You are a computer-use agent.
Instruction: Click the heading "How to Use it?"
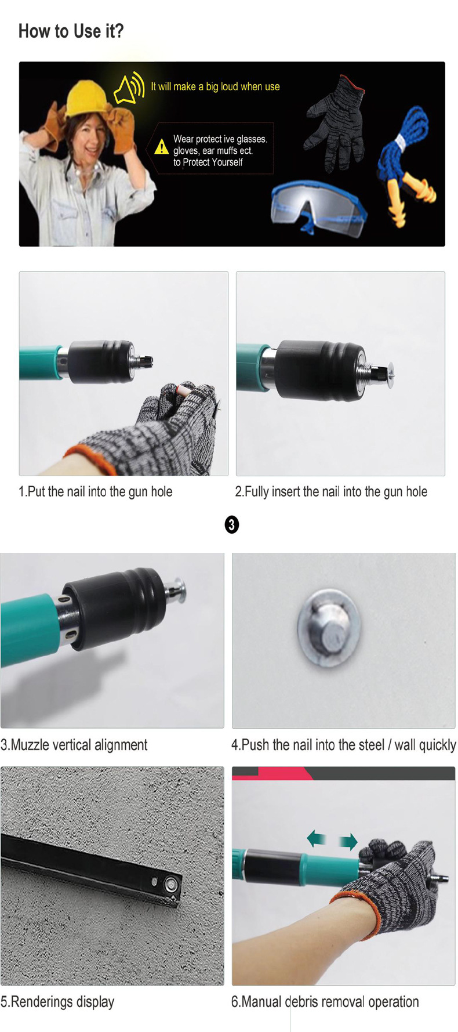(x=71, y=31)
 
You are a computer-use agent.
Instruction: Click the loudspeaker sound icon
(x=129, y=88)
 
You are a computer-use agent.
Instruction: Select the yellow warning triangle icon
(x=162, y=147)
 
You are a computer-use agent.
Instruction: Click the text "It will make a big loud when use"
(x=215, y=86)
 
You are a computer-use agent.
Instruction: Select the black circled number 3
(x=231, y=525)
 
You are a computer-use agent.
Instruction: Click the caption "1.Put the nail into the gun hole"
(x=96, y=492)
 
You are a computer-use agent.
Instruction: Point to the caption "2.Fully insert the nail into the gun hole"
(x=331, y=492)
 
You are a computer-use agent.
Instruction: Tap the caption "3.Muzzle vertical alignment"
(x=74, y=745)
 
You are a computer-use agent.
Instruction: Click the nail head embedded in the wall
(x=329, y=627)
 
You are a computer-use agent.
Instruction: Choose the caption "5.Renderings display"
(x=57, y=1002)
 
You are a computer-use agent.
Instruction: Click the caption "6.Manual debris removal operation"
(x=325, y=1002)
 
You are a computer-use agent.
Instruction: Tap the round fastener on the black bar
(x=172, y=885)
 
